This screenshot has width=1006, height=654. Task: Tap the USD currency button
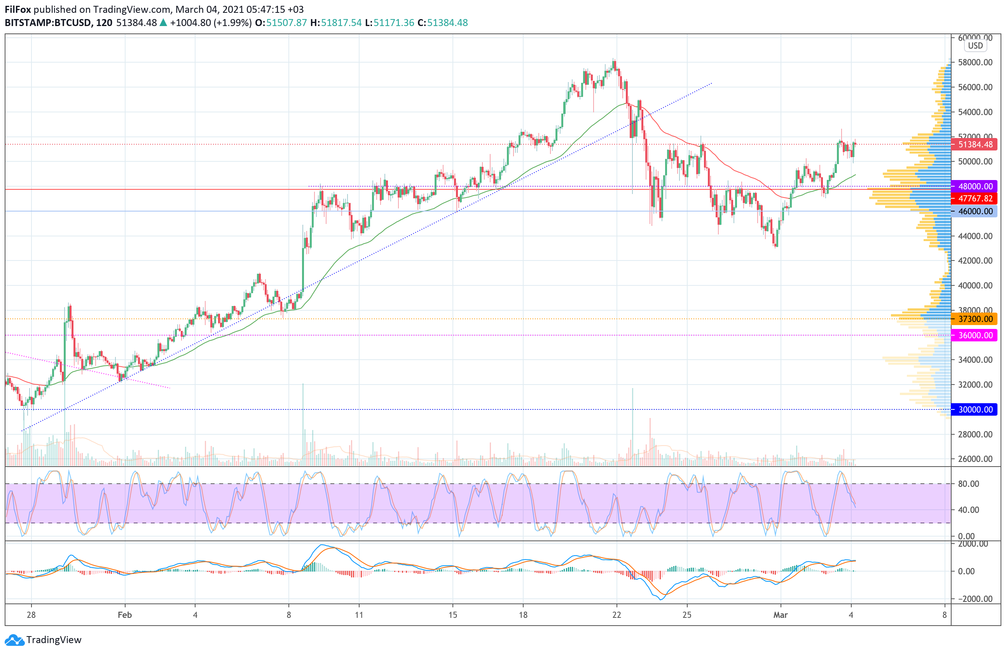pyautogui.click(x=975, y=45)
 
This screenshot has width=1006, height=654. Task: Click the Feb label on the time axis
pyautogui.click(x=125, y=615)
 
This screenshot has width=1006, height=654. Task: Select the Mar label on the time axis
pyautogui.click(x=780, y=615)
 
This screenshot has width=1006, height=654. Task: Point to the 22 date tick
pyautogui.click(x=617, y=615)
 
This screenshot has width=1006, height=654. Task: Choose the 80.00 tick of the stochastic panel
pyautogui.click(x=968, y=484)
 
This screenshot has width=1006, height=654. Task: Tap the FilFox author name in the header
pyautogui.click(x=18, y=9)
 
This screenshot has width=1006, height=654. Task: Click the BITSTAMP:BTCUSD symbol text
pyautogui.click(x=48, y=23)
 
